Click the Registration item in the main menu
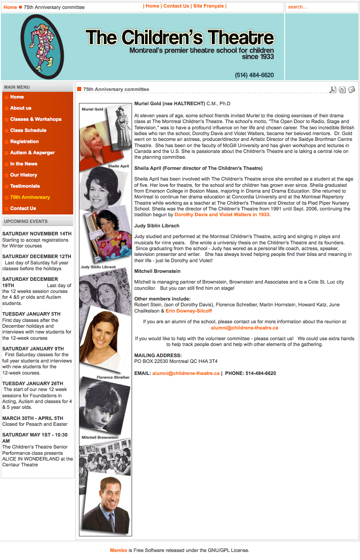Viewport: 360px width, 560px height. coord(25,141)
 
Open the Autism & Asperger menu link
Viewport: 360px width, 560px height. coord(33,152)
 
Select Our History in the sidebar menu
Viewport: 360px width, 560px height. coord(24,175)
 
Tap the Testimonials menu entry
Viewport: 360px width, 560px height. coord(25,186)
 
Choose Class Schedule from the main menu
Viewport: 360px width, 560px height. coord(28,130)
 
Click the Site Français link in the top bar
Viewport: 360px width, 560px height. coord(208,6)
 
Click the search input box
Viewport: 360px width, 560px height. coord(321,7)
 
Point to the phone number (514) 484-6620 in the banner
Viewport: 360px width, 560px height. coord(254,75)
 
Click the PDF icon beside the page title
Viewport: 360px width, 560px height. coord(333,90)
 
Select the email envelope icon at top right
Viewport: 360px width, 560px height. coord(352,90)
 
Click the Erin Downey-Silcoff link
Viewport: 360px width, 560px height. coord(189,311)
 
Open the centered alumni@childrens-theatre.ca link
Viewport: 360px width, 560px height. coord(244,328)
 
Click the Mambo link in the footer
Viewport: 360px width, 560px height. coord(118,550)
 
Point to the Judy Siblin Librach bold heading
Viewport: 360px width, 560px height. coord(157,226)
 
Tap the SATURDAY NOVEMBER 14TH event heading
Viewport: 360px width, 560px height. coord(37,234)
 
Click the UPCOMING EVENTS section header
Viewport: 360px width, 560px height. coord(26,221)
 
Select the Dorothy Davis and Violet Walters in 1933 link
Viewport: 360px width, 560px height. coord(222,214)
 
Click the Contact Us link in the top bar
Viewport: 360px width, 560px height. coord(176,6)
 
